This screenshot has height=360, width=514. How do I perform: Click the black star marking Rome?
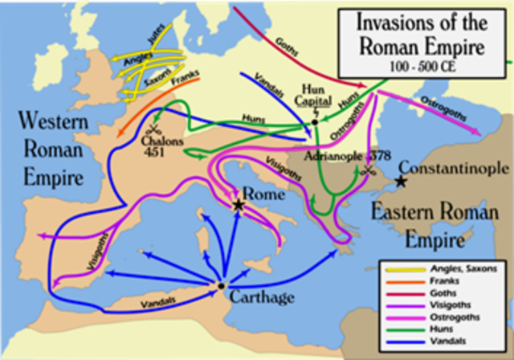click(x=239, y=206)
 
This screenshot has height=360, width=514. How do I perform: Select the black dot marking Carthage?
click(x=220, y=284)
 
